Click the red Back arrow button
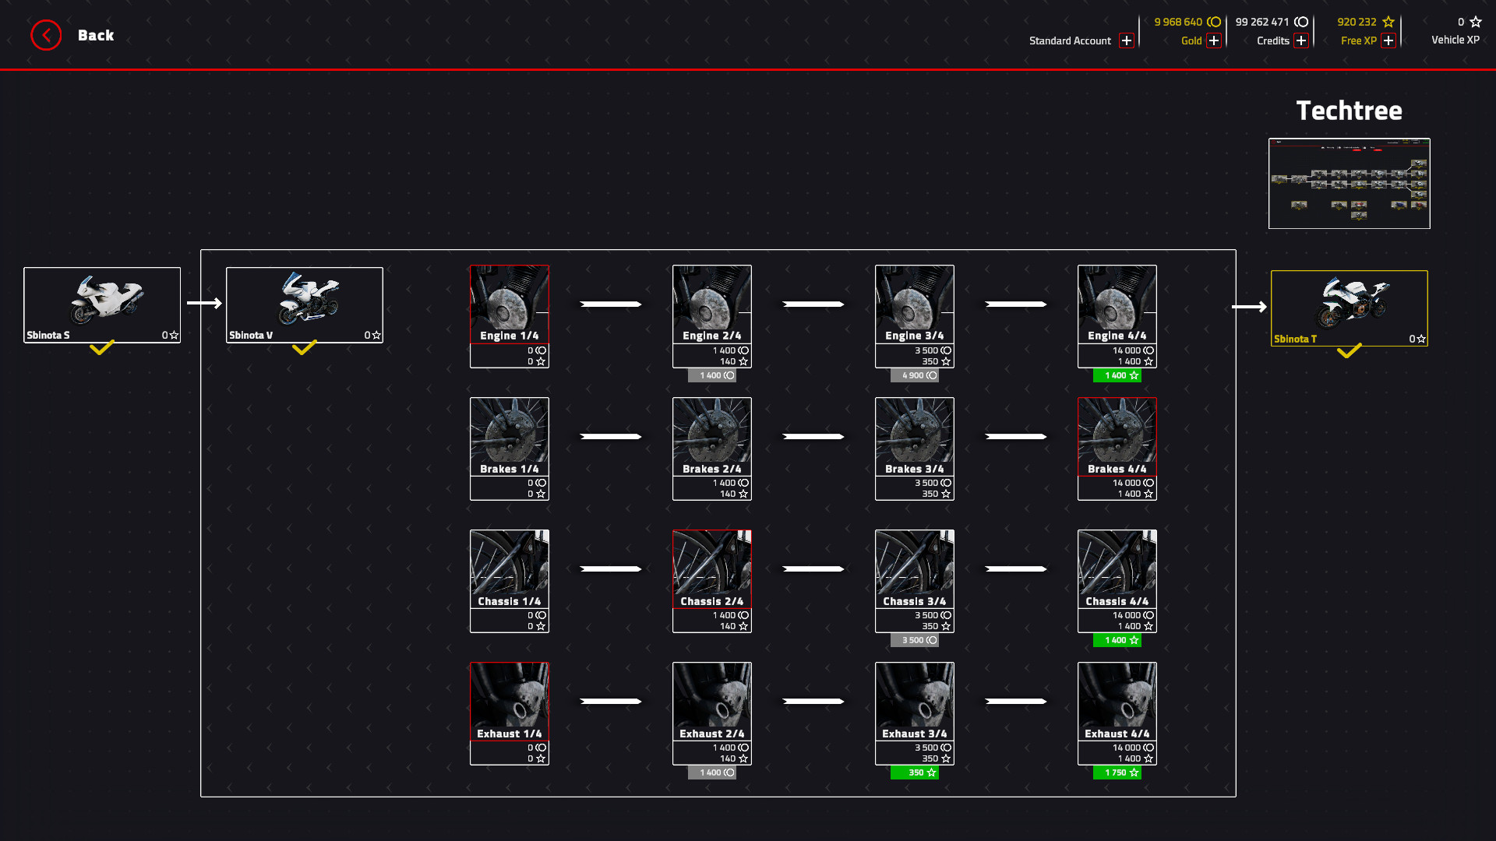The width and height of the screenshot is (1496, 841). [x=46, y=35]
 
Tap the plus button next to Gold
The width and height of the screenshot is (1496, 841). [x=1214, y=40]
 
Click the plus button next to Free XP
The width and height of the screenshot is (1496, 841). [x=1388, y=40]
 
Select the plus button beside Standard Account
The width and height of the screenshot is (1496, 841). [x=1126, y=40]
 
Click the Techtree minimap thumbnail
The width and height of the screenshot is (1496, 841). [x=1349, y=183]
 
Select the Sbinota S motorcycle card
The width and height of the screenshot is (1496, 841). [x=102, y=304]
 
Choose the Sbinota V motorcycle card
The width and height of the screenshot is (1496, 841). [x=305, y=304]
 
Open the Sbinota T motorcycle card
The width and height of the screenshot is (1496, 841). [x=1349, y=308]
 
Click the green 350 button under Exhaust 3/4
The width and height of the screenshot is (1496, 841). [x=915, y=772]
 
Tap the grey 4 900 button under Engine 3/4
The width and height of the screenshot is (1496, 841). [x=915, y=375]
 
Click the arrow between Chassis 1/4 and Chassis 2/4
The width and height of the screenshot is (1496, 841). [x=611, y=569]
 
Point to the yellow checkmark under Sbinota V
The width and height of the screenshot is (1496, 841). [x=305, y=347]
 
